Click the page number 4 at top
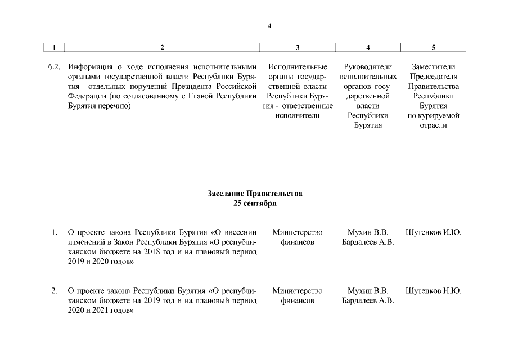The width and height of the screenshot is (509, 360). click(x=270, y=26)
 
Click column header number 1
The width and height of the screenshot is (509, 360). click(x=55, y=48)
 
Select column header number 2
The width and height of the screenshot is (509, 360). click(x=163, y=48)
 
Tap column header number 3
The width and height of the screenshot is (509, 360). click(x=297, y=48)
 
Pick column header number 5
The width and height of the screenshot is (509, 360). click(x=433, y=48)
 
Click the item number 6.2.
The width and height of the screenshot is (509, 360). click(x=54, y=67)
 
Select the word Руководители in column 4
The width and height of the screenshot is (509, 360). click(x=367, y=67)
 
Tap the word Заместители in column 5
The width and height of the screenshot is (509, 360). click(x=433, y=67)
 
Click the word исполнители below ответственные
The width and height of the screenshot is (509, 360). click(x=297, y=115)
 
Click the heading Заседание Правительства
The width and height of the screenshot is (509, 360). click(x=254, y=193)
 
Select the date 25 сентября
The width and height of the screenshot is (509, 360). click(x=255, y=203)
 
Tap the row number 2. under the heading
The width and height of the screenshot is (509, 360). click(x=54, y=291)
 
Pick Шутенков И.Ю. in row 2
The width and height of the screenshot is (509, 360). click(x=433, y=291)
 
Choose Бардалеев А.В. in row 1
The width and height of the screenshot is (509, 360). click(x=367, y=242)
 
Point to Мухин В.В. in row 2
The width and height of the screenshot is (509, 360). click(x=367, y=291)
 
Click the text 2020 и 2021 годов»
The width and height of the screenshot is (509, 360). click(x=100, y=310)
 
